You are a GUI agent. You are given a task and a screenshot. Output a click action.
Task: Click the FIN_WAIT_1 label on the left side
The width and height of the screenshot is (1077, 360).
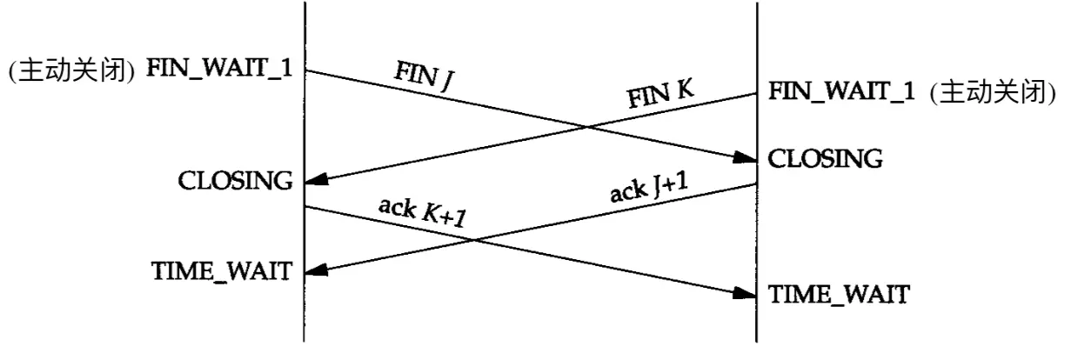[x=219, y=68]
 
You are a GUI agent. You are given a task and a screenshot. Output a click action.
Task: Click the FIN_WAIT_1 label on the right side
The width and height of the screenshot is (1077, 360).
[x=841, y=90]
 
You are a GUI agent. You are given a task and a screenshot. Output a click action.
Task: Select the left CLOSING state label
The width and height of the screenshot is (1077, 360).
[x=235, y=181]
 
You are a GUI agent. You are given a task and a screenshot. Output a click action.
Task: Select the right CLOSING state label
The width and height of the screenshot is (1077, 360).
[x=825, y=158]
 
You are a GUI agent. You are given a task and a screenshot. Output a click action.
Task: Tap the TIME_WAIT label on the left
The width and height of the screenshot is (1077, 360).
[x=222, y=271]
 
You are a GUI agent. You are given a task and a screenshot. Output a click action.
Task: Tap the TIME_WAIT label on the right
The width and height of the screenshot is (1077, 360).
[x=839, y=294]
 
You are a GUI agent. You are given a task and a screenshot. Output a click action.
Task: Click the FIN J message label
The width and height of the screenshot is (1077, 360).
[x=425, y=76]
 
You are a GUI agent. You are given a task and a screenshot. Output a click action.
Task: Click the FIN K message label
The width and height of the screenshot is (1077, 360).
[x=660, y=94]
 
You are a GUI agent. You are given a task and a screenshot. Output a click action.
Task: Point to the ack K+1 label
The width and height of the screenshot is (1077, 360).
[x=423, y=211]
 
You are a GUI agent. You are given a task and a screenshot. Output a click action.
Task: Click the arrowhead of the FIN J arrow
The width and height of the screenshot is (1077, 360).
[x=746, y=157]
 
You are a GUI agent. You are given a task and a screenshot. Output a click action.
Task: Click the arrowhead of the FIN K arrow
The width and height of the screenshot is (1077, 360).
[x=317, y=180]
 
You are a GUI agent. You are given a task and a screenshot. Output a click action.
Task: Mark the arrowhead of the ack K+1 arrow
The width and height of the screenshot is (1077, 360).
[x=746, y=294]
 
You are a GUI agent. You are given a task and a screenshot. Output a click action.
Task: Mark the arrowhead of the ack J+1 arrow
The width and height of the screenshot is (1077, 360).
[x=317, y=270]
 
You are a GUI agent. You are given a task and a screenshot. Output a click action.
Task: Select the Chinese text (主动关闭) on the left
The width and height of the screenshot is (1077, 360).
[x=71, y=70]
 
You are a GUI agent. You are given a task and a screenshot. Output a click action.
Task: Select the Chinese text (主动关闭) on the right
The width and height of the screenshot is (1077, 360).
[x=993, y=92]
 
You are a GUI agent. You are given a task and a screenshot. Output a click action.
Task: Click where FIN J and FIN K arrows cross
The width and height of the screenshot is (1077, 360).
[x=587, y=127]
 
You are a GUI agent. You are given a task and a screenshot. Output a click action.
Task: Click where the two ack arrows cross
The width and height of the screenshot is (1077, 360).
[x=473, y=240]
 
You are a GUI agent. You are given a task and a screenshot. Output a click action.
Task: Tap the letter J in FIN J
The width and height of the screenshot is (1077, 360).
[x=447, y=82]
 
